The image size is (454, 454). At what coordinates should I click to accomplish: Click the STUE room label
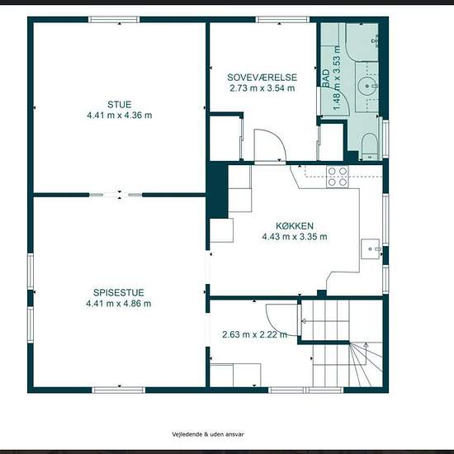120,104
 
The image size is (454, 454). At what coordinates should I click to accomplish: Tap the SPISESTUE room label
118,292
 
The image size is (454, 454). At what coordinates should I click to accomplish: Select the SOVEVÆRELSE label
262,78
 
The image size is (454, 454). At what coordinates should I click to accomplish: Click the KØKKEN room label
295,226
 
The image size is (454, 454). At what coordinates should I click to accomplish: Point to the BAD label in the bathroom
326,78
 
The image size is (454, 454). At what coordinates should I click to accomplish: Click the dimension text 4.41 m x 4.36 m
120,116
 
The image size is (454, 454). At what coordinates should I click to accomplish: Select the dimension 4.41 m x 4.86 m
118,304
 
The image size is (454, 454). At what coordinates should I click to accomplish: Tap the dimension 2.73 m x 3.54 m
262,88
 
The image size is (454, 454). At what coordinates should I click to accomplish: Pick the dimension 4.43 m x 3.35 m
295,237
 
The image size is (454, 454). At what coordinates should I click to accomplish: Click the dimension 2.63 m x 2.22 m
254,334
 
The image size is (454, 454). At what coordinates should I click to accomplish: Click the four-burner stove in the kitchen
338,177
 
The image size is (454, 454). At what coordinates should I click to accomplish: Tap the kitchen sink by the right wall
371,248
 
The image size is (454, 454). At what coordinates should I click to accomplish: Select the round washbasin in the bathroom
367,86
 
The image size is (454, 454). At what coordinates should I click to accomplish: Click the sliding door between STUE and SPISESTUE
116,195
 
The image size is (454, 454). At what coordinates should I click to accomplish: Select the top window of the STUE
114,20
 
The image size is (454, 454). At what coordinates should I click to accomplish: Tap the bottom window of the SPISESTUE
118,390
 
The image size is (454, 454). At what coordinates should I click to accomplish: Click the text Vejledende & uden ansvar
208,434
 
